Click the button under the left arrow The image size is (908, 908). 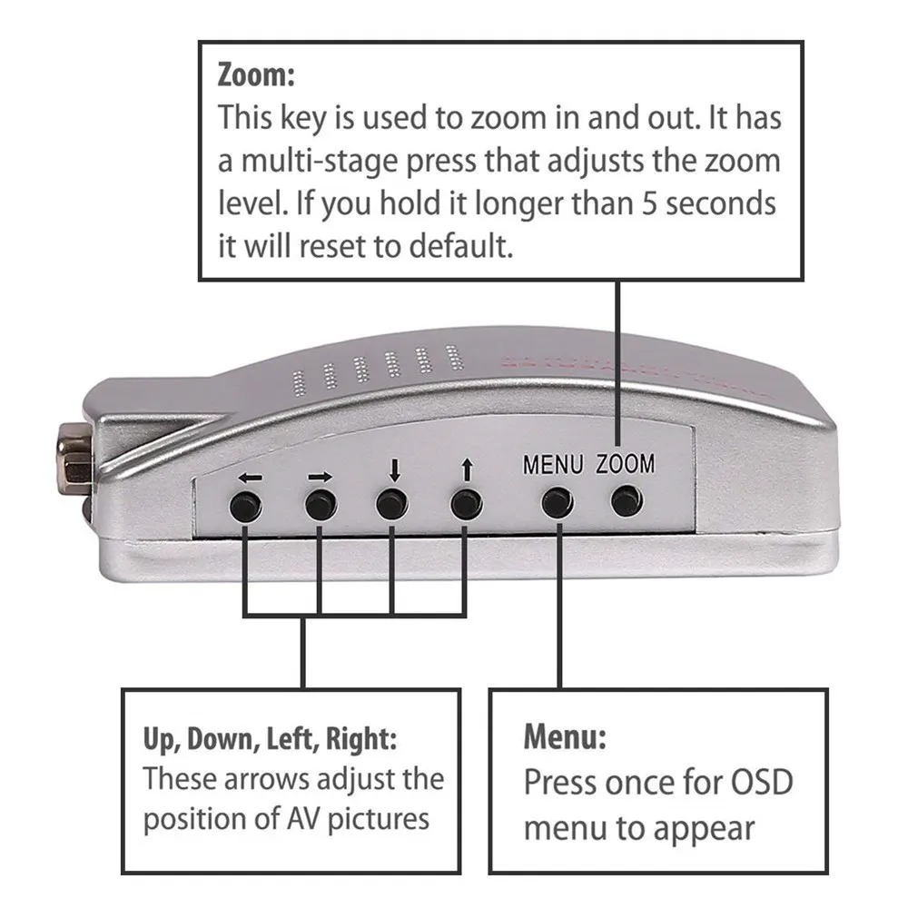[x=245, y=507]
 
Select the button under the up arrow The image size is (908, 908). [x=466, y=504]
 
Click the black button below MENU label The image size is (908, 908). [x=558, y=502]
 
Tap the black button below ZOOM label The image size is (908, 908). [x=627, y=500]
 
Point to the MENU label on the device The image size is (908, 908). [x=553, y=465]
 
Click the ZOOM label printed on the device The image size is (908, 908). [x=625, y=464]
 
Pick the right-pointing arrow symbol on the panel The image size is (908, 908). [x=321, y=476]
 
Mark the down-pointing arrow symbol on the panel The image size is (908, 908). [x=394, y=471]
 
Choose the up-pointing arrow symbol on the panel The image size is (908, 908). [x=467, y=470]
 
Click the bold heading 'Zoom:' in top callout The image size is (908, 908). [x=256, y=74]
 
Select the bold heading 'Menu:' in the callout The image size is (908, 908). [x=564, y=736]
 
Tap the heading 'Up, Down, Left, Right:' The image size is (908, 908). [x=270, y=738]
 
